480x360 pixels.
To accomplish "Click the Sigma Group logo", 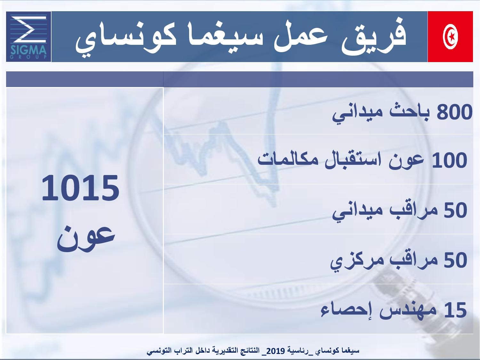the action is pos(29,37).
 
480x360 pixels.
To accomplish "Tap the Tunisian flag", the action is pos(450,37).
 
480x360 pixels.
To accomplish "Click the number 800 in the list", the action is pos(454,112).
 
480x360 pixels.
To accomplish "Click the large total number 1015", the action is pos(80,188).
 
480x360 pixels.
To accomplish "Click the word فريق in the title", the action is pos(374,37).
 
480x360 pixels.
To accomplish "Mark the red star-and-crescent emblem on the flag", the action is pos(450,37).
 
